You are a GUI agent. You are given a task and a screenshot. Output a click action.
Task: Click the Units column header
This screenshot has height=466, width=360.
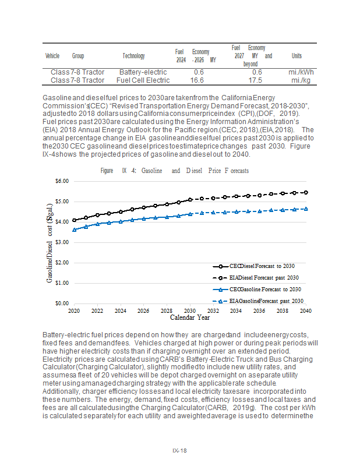coord(297,56)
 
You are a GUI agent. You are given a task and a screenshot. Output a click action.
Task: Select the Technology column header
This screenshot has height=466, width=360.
coord(133,56)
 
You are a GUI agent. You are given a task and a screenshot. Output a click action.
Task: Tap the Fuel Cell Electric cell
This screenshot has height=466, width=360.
coord(143,80)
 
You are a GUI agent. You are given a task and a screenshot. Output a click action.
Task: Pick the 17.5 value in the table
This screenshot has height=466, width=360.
coord(255,80)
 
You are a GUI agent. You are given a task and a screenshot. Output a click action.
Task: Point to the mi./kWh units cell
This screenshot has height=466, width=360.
coord(301,72)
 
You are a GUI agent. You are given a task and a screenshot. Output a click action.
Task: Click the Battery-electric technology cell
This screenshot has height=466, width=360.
coord(143,72)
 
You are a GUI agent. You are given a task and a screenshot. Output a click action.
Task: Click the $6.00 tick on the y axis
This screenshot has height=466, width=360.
coord(62,181)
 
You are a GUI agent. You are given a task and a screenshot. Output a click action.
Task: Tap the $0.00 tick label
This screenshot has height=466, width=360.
coord(62,303)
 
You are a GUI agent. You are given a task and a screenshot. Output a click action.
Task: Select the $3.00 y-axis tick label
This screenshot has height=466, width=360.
coord(62,242)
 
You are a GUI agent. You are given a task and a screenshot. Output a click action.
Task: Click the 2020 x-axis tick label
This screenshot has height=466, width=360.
coord(74,311)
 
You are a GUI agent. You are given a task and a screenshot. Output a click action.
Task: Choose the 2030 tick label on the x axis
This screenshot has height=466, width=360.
coord(190,311)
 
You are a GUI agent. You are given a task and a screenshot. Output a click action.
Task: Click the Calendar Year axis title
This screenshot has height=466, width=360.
coord(190,318)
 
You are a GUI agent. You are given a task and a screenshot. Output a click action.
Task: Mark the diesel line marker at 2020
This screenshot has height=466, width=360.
coord(74,221)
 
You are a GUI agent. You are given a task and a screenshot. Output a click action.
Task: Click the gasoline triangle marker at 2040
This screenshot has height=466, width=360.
coord(306,209)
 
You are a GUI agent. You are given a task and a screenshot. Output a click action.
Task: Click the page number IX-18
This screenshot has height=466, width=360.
coord(179,450)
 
